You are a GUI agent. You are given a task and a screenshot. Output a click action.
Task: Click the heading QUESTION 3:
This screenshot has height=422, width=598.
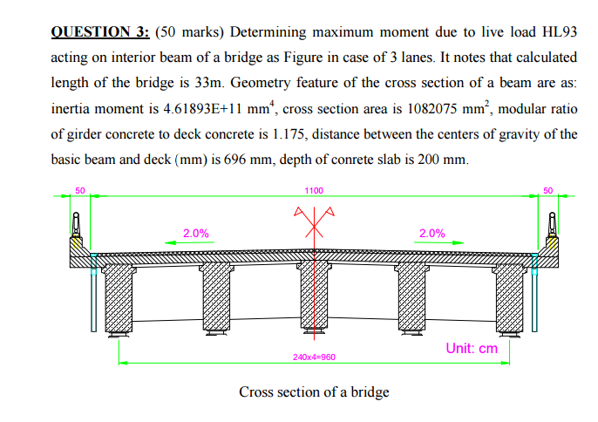[x=100, y=32]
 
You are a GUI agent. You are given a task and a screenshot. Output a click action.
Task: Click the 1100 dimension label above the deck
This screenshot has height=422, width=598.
[x=314, y=190]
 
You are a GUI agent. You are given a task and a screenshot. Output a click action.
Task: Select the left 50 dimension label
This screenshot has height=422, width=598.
[x=80, y=189]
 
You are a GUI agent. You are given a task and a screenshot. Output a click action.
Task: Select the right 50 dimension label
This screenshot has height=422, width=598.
[x=547, y=189]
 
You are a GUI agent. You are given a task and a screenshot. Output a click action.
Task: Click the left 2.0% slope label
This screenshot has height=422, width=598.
[x=195, y=233]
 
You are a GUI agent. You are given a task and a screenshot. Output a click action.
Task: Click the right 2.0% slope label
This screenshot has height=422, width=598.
[x=432, y=233]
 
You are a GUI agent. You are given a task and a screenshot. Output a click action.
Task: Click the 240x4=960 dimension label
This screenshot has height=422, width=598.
[x=314, y=357]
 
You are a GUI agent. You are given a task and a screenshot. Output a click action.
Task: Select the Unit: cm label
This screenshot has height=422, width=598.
[x=472, y=347]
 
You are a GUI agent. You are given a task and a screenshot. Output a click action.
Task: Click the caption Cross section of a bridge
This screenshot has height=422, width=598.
[x=314, y=391]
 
